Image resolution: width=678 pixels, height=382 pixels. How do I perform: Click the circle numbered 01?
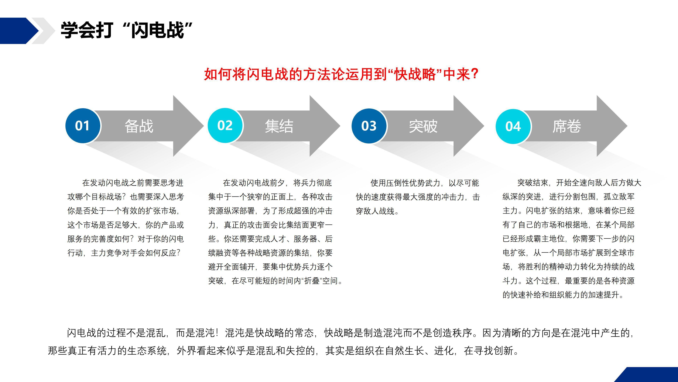[x=83, y=126]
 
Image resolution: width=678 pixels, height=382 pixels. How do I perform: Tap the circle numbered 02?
[x=225, y=126]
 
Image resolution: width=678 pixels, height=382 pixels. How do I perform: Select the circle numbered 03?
[x=369, y=126]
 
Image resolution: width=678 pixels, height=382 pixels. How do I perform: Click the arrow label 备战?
[x=139, y=126]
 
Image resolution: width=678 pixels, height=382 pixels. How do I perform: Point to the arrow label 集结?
[x=279, y=126]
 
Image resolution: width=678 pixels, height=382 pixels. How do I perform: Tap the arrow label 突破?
[x=423, y=126]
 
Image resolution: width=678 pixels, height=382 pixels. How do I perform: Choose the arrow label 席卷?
[x=567, y=126]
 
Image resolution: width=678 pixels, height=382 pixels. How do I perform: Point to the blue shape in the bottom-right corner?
[x=647, y=375]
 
